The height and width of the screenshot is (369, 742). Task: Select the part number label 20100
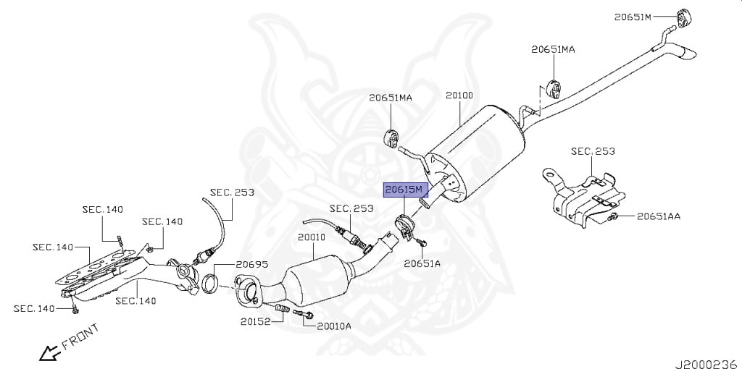point(459,96)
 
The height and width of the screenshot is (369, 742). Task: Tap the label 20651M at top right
point(633,17)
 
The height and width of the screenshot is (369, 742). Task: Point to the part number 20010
point(312,237)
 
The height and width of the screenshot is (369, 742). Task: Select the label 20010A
point(333,326)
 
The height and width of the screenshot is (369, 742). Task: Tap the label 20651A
point(422,263)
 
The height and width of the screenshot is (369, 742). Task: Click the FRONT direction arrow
point(50,353)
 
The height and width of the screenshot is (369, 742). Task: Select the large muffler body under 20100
point(475,152)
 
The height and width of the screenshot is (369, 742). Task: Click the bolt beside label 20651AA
point(613,216)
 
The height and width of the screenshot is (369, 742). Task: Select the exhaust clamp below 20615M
point(404,227)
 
